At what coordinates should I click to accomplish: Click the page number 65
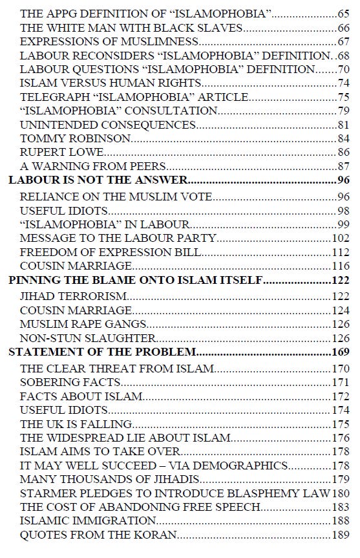[343, 12]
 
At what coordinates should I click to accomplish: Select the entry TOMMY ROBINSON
[76, 138]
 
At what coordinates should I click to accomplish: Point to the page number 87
[343, 167]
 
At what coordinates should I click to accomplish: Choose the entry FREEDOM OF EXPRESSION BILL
[111, 252]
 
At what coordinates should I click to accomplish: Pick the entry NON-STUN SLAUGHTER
[88, 338]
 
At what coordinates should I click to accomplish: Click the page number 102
[339, 238]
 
